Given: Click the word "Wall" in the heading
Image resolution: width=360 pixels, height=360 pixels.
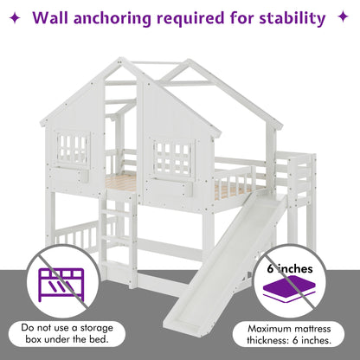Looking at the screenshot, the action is (x=51, y=18).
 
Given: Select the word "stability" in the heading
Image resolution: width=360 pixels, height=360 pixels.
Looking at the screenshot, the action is (x=292, y=19).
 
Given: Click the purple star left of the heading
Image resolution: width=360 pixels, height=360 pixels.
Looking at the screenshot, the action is (x=15, y=18).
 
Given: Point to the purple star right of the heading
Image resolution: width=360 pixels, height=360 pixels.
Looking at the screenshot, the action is (x=343, y=16).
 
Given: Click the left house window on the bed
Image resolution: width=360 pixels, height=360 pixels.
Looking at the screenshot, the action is (x=73, y=149).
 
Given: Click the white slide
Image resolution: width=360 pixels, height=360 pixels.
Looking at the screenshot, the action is (x=225, y=260).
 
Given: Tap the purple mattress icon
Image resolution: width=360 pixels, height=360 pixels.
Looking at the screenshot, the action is (x=289, y=289).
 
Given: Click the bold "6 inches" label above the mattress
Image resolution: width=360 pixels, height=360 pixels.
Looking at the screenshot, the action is (x=290, y=269).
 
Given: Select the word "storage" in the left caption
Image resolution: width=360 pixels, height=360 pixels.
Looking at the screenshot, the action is (x=97, y=329).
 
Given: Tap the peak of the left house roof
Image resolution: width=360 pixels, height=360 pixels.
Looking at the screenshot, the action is (x=119, y=59).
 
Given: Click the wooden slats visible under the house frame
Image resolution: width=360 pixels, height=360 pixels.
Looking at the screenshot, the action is (x=121, y=183).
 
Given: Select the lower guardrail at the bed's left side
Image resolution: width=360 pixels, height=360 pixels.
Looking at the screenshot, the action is (x=75, y=235).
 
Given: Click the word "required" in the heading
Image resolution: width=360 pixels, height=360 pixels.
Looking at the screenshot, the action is (x=190, y=19).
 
